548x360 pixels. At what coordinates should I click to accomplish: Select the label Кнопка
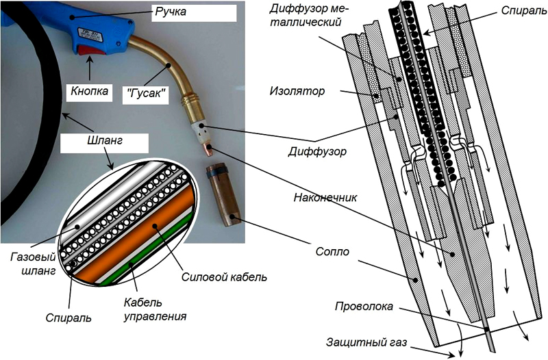click(x=89, y=90)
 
